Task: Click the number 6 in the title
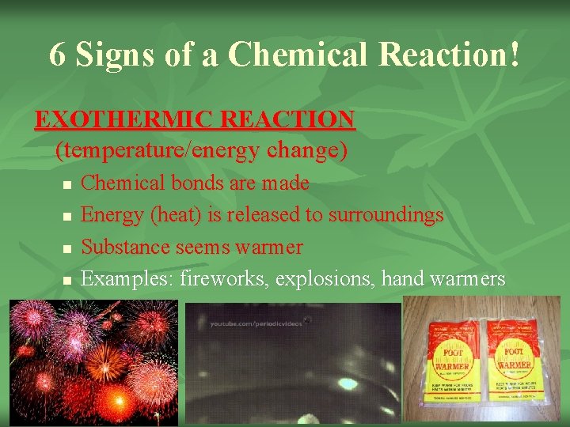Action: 58,55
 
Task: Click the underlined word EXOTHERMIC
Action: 125,120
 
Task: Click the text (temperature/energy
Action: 161,149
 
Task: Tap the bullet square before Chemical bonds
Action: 66,185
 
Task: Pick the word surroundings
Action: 386,215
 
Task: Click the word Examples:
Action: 128,279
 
